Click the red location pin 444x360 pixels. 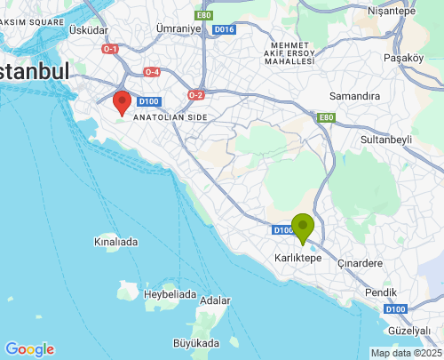123,101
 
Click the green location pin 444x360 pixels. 303,227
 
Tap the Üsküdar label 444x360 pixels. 88,30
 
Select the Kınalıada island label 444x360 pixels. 116,241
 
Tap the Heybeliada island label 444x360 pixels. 170,293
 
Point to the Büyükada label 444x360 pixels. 195,342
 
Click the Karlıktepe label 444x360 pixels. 297,257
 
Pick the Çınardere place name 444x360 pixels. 361,263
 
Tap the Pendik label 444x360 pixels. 381,292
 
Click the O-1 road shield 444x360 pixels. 110,49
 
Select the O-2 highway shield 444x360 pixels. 196,95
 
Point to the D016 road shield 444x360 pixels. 224,29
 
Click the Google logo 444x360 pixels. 29,349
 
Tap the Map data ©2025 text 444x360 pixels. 405,353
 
